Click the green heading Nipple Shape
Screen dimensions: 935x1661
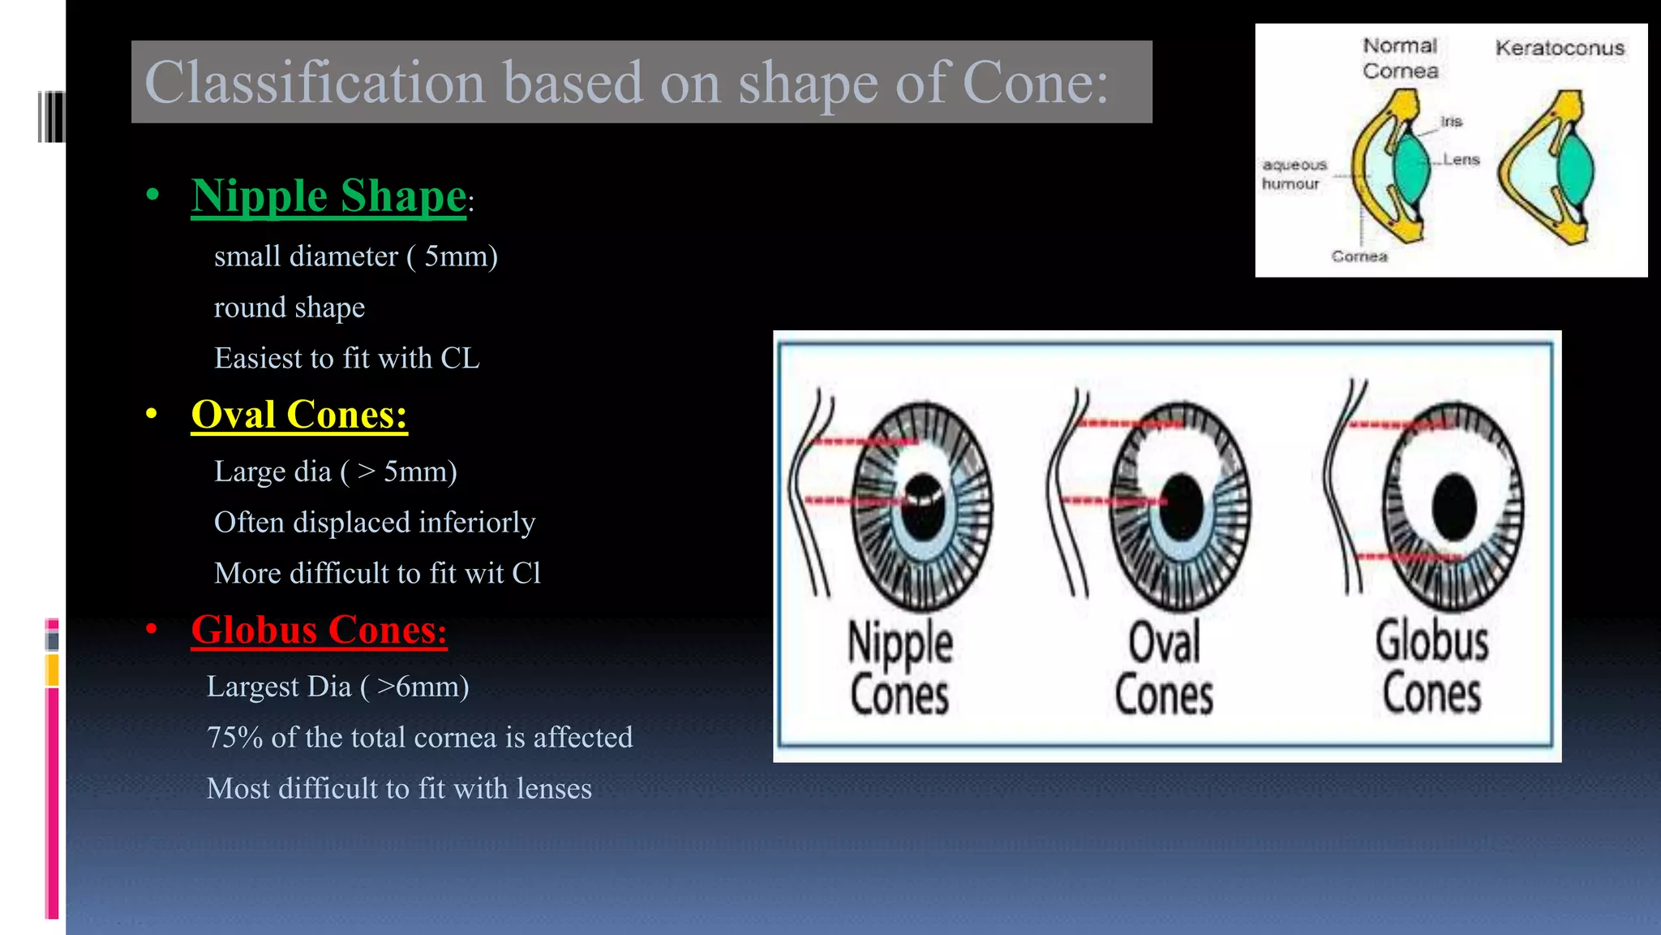(328, 196)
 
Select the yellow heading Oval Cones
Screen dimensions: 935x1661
(298, 415)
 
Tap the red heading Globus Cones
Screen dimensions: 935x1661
(318, 630)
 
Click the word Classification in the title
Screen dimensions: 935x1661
(315, 83)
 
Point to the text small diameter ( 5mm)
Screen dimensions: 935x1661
(355, 256)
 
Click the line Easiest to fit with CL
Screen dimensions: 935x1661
(346, 359)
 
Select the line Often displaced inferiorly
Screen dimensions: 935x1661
(374, 523)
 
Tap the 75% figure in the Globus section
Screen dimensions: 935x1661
(234, 738)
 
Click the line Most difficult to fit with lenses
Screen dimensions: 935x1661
(398, 789)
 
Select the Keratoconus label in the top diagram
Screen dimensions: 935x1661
(1559, 49)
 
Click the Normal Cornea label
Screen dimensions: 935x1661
(1400, 58)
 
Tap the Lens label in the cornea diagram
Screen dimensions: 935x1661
(1461, 160)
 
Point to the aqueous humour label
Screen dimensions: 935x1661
(1294, 175)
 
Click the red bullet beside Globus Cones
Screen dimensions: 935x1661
(152, 630)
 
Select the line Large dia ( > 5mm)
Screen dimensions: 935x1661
(335, 472)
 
